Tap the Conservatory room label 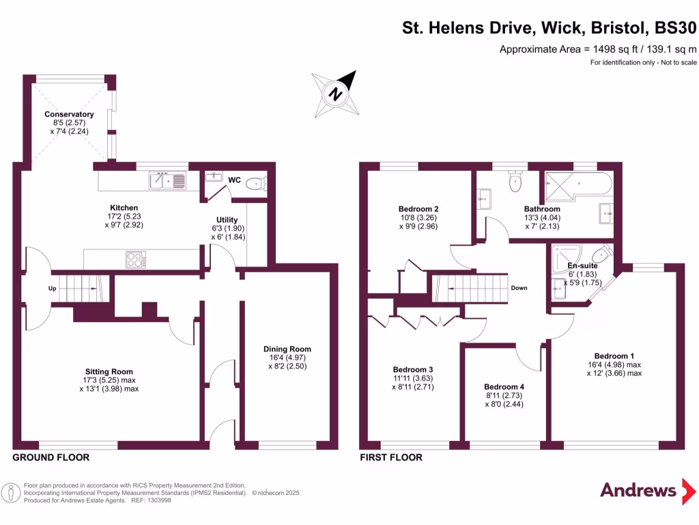(69, 114)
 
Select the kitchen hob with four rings (134, 260)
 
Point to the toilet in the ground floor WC (255, 183)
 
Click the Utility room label (227, 220)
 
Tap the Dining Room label (287, 349)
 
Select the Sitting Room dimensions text (109, 384)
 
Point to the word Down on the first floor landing (519, 288)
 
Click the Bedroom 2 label (418, 209)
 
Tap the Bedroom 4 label (504, 386)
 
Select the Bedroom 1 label (614, 355)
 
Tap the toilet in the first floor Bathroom (515, 181)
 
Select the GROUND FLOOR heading (51, 457)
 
